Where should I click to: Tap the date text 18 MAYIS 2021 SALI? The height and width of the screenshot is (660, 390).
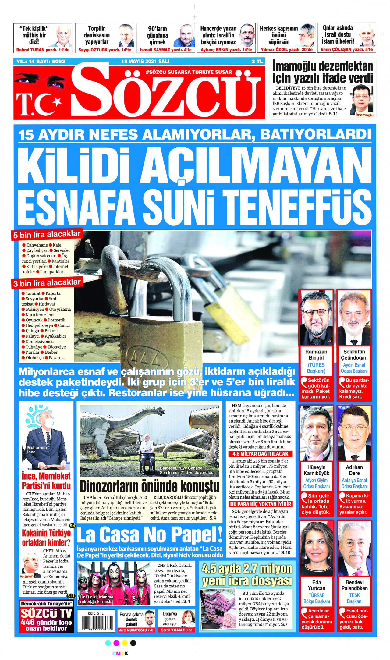[145, 61]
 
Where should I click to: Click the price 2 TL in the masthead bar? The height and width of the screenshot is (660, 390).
[257, 61]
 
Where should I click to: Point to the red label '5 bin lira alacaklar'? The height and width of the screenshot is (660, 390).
[47, 235]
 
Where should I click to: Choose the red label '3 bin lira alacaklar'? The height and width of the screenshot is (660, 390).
[47, 283]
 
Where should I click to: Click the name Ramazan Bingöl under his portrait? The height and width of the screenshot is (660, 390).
[316, 355]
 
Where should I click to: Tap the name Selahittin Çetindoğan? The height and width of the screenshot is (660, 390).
[354, 355]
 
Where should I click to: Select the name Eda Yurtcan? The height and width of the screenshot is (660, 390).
[316, 585]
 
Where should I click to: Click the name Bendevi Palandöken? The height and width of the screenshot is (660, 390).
[354, 585]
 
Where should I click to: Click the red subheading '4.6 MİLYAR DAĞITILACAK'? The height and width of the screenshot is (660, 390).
[260, 454]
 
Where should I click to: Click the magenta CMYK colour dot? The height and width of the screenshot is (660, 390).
[116, 643]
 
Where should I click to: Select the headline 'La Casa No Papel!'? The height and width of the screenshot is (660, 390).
[149, 535]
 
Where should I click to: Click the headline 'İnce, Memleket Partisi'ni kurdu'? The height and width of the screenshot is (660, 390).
[46, 481]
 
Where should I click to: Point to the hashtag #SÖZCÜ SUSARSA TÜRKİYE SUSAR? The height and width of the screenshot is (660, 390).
[189, 72]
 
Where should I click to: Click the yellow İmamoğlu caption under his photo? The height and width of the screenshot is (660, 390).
[364, 115]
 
